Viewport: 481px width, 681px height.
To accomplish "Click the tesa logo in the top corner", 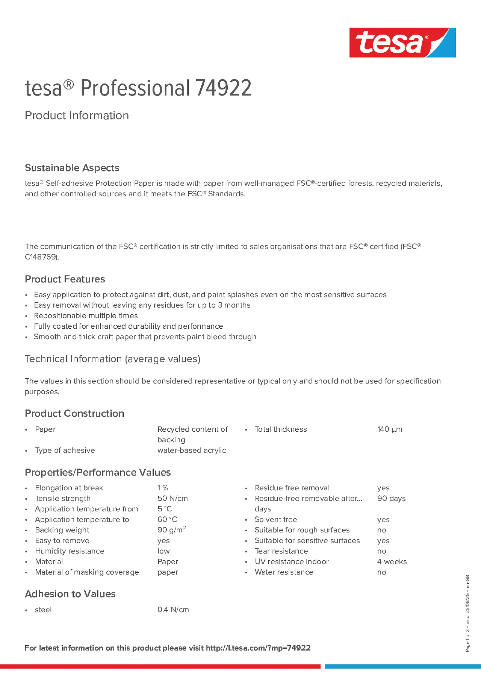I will pyautogui.click(x=402, y=42).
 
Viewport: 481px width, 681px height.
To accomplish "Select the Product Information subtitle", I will pyautogui.click(x=77, y=115).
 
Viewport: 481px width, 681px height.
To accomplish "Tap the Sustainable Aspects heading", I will pyautogui.click(x=72, y=168).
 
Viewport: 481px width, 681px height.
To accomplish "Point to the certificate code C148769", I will pyautogui.click(x=41, y=257).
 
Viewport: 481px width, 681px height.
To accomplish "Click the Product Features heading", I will pyautogui.click(x=65, y=279).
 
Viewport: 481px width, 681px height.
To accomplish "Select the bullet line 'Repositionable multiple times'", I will pyautogui.click(x=86, y=316).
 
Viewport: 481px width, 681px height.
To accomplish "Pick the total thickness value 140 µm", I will pyautogui.click(x=389, y=429).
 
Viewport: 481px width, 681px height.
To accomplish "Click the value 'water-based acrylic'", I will pyautogui.click(x=192, y=450).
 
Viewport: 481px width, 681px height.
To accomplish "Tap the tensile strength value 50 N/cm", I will pyautogui.click(x=172, y=498).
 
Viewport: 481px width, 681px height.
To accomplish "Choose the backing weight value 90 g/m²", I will pyautogui.click(x=171, y=530).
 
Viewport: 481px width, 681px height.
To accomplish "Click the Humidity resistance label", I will pyautogui.click(x=69, y=551).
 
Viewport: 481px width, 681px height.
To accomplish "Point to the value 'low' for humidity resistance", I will pyautogui.click(x=163, y=551).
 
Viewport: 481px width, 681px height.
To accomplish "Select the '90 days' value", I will pyautogui.click(x=391, y=498).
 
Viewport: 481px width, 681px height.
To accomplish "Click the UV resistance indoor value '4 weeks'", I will pyautogui.click(x=392, y=561).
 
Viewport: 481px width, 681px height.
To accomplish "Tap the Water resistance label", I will pyautogui.click(x=284, y=572).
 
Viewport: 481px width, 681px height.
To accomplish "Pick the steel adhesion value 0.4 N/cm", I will pyautogui.click(x=173, y=610).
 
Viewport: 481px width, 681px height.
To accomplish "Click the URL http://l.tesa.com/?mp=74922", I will pyautogui.click(x=258, y=648).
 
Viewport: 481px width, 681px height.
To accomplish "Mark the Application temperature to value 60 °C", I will pyautogui.click(x=167, y=519).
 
